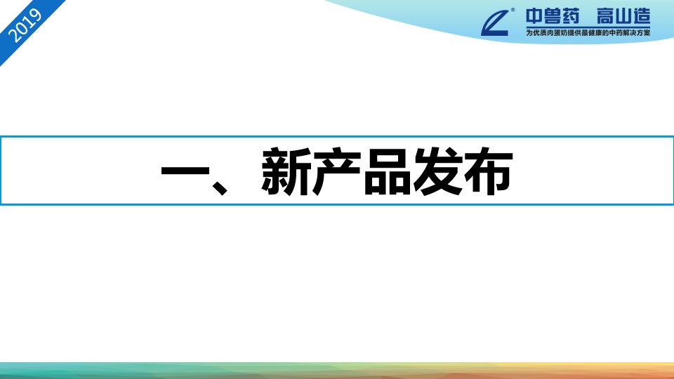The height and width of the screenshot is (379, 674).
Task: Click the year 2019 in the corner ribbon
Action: click(25, 26)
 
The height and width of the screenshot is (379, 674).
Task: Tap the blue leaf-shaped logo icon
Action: click(495, 23)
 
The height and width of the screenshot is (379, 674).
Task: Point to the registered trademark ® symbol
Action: click(513, 10)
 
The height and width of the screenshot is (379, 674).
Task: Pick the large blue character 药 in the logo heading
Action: click(571, 17)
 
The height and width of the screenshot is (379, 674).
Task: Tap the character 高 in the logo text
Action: click(605, 17)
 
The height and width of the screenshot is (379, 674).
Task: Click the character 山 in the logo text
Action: click(623, 17)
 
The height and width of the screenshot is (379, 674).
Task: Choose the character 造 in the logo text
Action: click(641, 17)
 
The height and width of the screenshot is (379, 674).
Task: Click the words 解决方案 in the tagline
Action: click(636, 33)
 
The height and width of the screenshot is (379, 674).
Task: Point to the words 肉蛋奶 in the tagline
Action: click(557, 33)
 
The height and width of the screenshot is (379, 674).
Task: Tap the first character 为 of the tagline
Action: click(529, 33)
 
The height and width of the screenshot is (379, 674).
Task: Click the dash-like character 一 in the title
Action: click(185, 171)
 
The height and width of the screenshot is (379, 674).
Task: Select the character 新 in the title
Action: click(286, 171)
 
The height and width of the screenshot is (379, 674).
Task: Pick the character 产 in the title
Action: click(336, 171)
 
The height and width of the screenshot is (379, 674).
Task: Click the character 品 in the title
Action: click(388, 171)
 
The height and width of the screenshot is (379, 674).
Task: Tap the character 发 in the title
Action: click(438, 171)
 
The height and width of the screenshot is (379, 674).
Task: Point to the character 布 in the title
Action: click(489, 171)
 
